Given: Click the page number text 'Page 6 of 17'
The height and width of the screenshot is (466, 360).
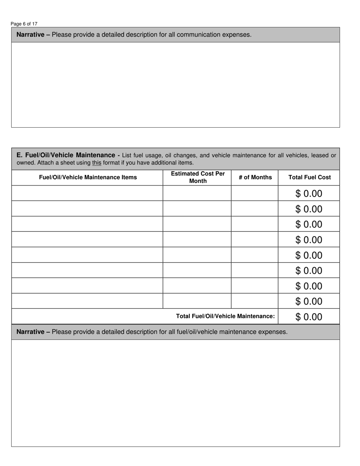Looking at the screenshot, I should (x=24, y=24).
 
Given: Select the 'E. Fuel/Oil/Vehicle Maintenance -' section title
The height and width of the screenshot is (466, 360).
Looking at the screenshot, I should (x=68, y=155).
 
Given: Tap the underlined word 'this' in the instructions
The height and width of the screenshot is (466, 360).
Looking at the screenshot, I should (x=97, y=163).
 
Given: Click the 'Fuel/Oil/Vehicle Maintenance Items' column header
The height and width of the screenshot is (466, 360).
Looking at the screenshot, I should (x=88, y=177).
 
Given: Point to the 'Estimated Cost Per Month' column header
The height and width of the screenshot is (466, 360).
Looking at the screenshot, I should (x=198, y=177).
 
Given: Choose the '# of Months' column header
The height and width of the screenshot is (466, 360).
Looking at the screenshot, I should (x=255, y=177).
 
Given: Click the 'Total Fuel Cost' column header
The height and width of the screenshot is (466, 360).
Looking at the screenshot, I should (x=309, y=177).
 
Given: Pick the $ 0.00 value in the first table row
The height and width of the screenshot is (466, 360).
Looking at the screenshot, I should (x=309, y=194).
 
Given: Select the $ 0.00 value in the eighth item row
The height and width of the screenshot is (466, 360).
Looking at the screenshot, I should (x=309, y=301).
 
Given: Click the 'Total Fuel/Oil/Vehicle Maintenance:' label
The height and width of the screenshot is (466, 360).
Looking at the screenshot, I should (x=225, y=316).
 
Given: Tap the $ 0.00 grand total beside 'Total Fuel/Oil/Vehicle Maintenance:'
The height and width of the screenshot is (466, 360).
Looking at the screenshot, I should (x=309, y=317).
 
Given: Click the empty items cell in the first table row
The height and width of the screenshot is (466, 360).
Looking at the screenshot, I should (x=87, y=193).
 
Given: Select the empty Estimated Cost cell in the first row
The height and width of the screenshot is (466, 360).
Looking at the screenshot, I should (x=197, y=193).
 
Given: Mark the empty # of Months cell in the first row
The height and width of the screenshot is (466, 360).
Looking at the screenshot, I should (x=255, y=193).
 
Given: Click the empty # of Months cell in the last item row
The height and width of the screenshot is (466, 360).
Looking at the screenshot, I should (x=255, y=301).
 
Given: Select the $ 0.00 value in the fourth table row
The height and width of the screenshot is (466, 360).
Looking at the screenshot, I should (x=309, y=240).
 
